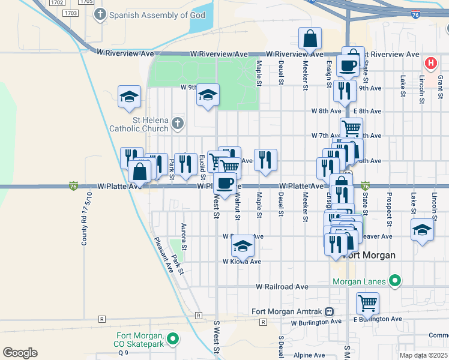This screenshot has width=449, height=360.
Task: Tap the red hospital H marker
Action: [430, 62]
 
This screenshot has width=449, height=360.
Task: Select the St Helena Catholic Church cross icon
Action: [177, 124]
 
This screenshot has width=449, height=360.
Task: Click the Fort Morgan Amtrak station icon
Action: [330, 311]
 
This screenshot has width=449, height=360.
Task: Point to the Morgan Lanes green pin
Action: [394, 280]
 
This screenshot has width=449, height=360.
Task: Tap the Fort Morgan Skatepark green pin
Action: [173, 340]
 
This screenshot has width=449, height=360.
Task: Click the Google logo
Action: [20, 353]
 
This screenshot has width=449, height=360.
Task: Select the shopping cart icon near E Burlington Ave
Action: [367, 302]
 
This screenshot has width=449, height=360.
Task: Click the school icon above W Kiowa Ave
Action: [243, 246]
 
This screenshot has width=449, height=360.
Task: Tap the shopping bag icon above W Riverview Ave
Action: [309, 38]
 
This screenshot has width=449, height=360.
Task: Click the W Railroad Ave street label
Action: [282, 287]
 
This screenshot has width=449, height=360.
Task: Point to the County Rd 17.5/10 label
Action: [85, 219]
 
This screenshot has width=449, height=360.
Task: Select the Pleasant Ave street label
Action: [163, 256]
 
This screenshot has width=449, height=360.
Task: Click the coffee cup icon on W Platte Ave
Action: [225, 183]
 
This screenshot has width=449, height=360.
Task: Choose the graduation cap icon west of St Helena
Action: [129, 97]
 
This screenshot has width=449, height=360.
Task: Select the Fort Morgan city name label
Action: [370, 255]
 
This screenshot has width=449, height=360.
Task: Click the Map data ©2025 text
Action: [424, 355]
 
